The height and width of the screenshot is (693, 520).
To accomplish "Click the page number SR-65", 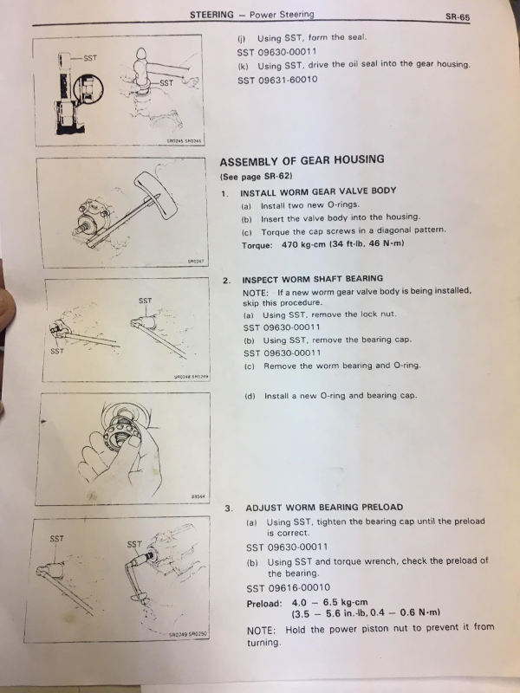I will (x=456, y=16).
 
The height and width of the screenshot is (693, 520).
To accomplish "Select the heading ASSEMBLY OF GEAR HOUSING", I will (x=302, y=160).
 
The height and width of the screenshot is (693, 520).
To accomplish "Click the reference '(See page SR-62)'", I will (x=257, y=177).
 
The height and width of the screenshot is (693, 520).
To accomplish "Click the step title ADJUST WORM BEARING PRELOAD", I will (x=324, y=507).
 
